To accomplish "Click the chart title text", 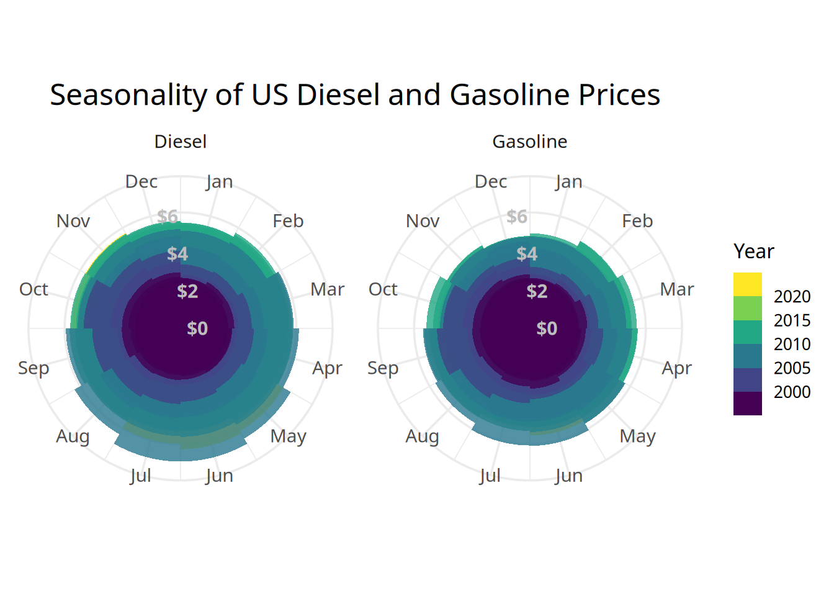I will pos(355,95).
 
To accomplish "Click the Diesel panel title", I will pos(180,142).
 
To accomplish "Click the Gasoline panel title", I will pos(529,142).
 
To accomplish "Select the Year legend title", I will pos(753,251).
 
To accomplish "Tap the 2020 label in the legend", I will pos(792,297).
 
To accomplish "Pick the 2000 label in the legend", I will pos(792,392).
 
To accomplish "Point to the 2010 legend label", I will pos(792,344).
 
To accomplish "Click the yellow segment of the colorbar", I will pos(747,284).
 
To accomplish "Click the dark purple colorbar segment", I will pos(747,404).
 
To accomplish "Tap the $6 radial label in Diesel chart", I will pos(168,217).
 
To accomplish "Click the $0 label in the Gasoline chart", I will pos(547,328).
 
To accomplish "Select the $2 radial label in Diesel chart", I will pos(187,291).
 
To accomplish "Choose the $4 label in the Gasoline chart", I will pos(527,254).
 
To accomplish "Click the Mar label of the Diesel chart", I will pos(327,289).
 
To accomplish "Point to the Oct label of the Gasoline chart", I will pos(383,289).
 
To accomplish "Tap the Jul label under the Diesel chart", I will pos(140,476).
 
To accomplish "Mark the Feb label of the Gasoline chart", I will pos(637,221).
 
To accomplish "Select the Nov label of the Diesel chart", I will pos(73,221).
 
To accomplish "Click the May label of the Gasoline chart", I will pos(637,436).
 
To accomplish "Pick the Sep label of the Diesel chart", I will pos(34,368).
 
